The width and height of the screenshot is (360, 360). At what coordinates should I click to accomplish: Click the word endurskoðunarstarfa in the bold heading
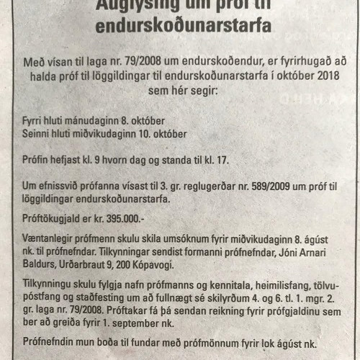coord(180,27)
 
